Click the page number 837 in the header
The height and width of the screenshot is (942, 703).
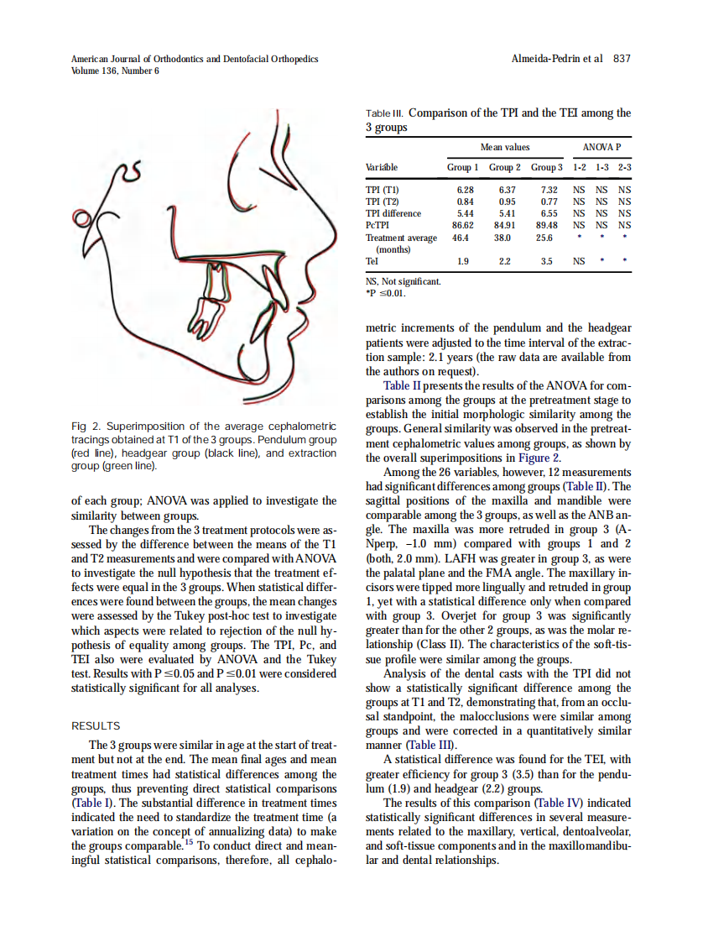click(x=622, y=59)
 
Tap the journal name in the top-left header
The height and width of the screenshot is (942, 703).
click(x=195, y=59)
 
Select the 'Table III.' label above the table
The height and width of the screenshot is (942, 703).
click(x=385, y=113)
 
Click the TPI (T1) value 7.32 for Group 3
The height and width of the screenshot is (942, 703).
click(x=549, y=190)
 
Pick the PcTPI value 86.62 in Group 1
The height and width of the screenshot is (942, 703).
click(x=464, y=225)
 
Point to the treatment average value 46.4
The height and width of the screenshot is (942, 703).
click(x=461, y=238)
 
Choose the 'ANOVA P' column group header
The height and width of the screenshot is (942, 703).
click(x=601, y=147)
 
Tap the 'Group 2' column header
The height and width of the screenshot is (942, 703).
click(x=505, y=168)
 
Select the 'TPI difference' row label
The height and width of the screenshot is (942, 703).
click(x=393, y=213)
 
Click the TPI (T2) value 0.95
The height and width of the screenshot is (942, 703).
click(x=507, y=201)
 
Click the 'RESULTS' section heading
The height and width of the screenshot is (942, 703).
click(x=96, y=725)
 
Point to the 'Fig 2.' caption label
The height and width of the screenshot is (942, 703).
click(x=85, y=427)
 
